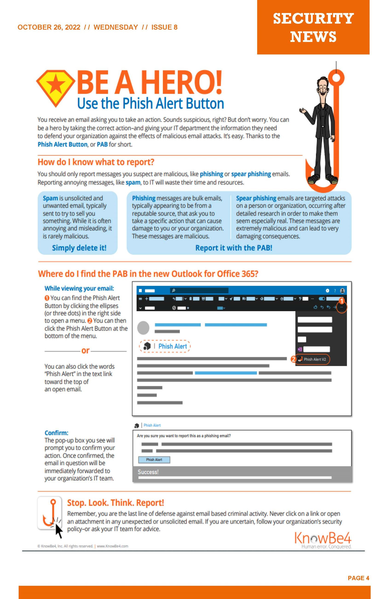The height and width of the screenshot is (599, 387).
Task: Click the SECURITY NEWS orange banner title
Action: tap(313, 27)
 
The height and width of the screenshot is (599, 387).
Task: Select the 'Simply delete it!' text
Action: tap(79, 248)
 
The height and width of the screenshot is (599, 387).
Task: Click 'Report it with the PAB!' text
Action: tap(234, 248)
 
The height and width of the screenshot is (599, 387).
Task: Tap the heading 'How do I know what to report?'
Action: tap(96, 162)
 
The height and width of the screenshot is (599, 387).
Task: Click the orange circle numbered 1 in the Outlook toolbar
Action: tap(341, 301)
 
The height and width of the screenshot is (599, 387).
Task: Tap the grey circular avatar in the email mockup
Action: tap(143, 328)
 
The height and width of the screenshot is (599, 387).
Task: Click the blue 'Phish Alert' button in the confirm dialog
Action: tap(154, 460)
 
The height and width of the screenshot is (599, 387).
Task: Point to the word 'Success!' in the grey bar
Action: tap(148, 472)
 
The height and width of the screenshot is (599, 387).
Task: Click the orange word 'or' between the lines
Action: tap(85, 350)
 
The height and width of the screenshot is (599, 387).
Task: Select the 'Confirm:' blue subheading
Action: tap(56, 433)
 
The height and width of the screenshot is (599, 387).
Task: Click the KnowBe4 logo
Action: tap(323, 538)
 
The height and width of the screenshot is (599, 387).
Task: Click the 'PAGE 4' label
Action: tap(358, 578)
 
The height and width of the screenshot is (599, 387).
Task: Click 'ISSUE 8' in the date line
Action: tap(164, 27)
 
